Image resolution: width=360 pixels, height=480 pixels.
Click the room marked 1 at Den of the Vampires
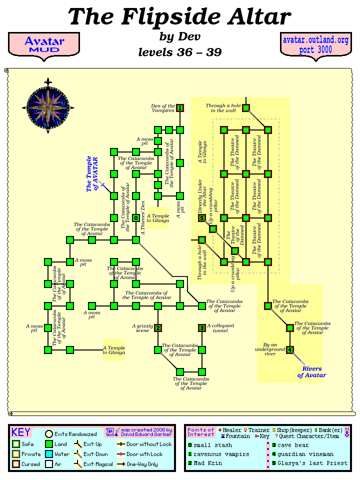coord(180,108)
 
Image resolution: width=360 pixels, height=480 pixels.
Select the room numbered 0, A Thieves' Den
coord(136,218)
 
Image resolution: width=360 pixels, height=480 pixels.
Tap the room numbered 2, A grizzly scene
coord(158,328)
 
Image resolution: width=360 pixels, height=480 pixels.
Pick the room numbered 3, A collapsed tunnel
coord(202,328)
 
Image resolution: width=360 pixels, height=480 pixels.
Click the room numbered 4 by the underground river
coord(290,350)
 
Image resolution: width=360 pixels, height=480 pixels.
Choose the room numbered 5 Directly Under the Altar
coord(202,218)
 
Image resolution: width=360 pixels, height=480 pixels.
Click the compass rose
coord(48,105)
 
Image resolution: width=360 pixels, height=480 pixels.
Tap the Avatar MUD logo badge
coord(43,44)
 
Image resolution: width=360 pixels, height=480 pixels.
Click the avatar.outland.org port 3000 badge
coord(315,44)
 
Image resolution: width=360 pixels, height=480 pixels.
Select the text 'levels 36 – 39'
coord(179,51)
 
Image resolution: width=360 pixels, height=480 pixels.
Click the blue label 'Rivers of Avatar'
coord(311,372)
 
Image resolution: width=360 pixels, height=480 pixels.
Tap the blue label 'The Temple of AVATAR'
coord(92,174)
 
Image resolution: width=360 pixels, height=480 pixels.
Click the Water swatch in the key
coord(49,454)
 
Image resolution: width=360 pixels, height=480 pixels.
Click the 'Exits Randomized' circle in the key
coord(49,434)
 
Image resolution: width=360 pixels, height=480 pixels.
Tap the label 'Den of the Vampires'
coord(163,108)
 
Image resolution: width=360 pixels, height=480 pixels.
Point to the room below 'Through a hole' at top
coord(246,108)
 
